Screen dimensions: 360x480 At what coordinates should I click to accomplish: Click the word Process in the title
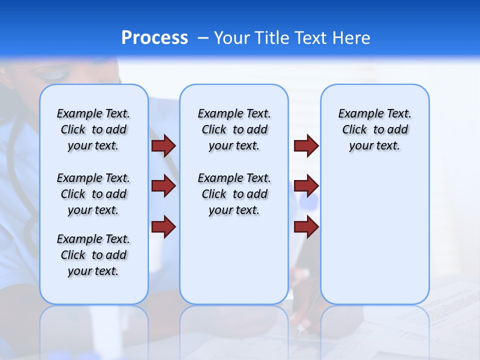154,38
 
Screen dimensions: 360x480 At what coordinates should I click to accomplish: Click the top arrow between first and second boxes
163,146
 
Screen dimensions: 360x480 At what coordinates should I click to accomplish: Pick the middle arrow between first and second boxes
163,186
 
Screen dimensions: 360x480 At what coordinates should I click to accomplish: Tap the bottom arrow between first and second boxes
163,226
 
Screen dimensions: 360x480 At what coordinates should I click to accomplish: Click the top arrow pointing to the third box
306,146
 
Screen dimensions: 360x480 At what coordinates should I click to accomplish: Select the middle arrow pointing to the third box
306,186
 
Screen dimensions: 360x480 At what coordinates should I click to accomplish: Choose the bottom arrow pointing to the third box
306,226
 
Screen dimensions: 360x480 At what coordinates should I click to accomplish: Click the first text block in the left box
93,129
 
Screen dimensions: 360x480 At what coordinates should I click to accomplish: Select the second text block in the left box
93,194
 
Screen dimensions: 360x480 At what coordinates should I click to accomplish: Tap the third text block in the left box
93,255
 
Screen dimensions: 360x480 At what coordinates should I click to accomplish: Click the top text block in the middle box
234,129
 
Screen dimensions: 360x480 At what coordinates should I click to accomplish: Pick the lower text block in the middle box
234,194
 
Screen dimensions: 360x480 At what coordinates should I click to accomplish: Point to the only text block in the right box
374,129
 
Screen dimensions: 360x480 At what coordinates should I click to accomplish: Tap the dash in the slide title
203,38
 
